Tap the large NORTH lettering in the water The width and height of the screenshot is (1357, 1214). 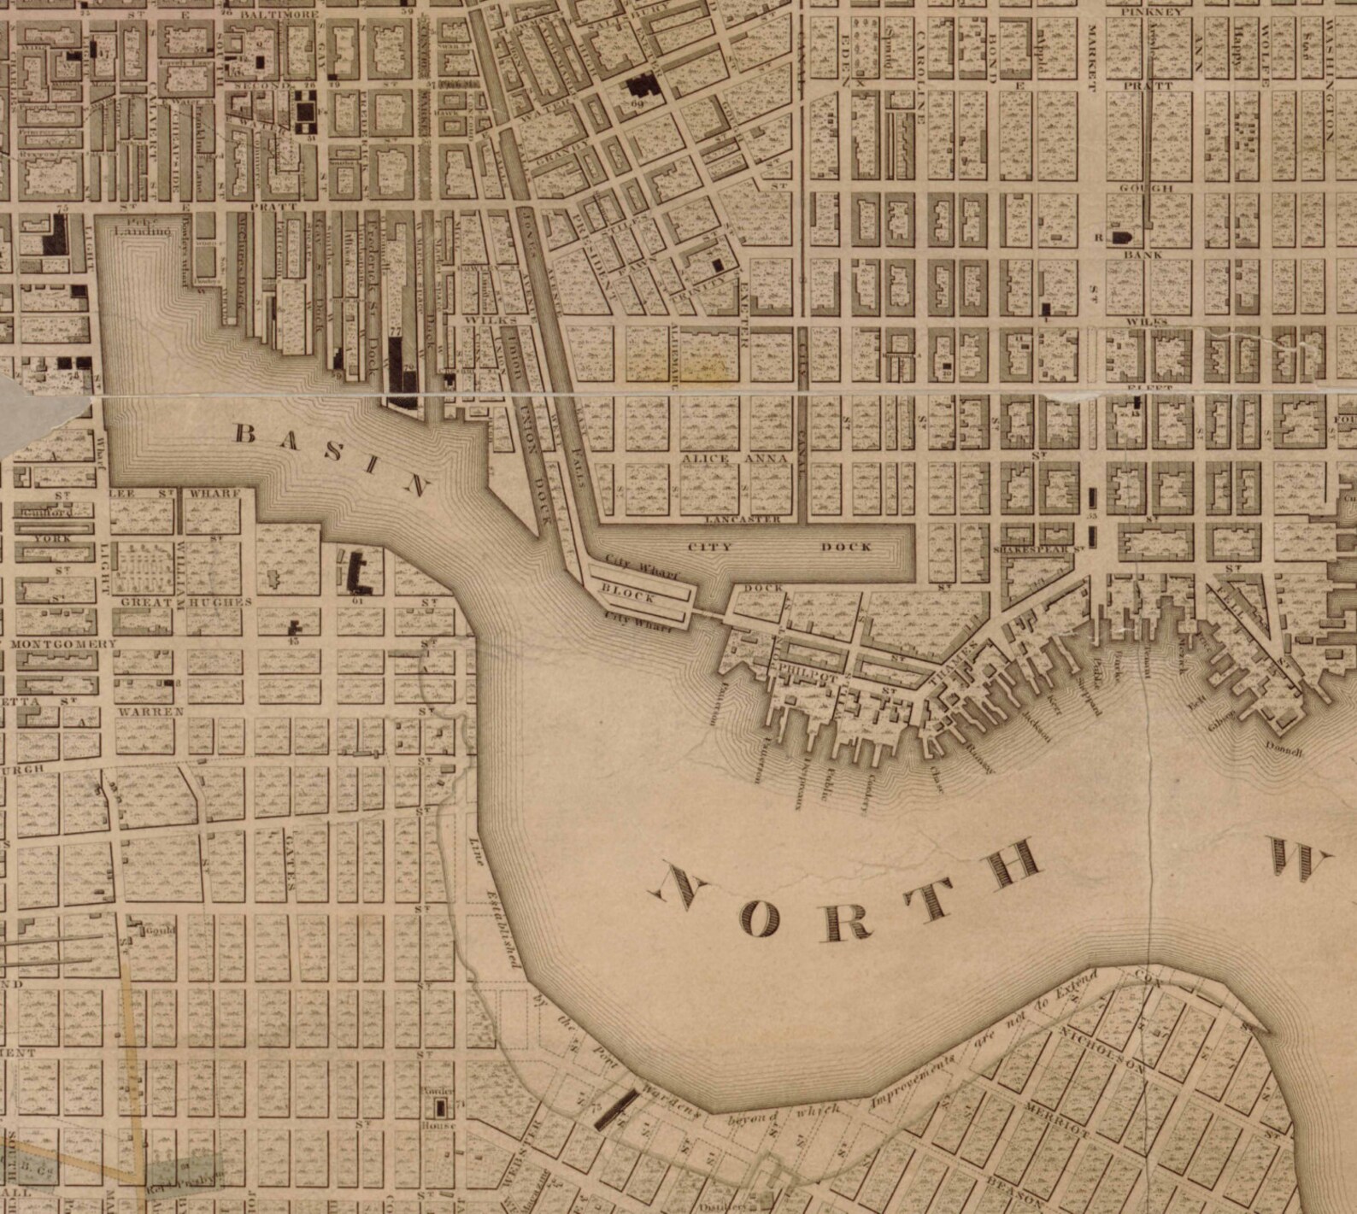(846, 897)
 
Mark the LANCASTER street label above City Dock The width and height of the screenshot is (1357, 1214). (743, 519)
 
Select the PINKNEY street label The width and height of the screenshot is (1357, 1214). (1153, 12)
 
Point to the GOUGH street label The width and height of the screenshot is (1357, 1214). (1145, 188)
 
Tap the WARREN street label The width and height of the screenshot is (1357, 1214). (151, 711)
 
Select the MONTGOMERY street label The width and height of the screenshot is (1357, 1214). (63, 643)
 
